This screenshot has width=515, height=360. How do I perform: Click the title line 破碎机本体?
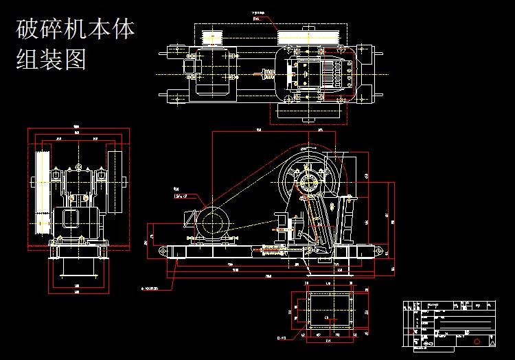(x=76, y=31)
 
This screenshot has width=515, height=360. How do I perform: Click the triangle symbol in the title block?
(x=492, y=340)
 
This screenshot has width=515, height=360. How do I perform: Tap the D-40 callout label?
(x=281, y=337)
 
